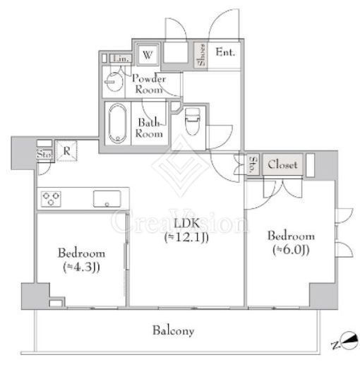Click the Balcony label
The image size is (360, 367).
coord(174,330)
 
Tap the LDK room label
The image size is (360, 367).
coord(186,229)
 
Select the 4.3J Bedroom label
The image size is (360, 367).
coord(81,260)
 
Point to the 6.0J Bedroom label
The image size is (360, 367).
coord(291,243)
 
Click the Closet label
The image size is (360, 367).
coord(282,164)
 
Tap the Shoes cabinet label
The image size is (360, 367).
coord(201,55)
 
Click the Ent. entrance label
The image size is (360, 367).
coord(225,52)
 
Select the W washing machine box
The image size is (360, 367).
coord(148,55)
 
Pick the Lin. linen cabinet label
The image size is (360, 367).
coord(121,59)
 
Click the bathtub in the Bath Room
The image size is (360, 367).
coord(118,124)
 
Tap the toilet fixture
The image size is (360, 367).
coord(193,121)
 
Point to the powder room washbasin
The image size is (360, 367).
coord(114,82)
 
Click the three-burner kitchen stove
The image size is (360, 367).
coord(51,199)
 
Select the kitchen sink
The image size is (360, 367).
coord(107,199)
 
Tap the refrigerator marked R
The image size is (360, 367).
coord(67,151)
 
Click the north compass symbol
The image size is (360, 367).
coord(346,342)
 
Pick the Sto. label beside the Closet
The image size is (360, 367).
coord(253,164)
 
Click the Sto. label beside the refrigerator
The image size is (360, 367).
coord(44,155)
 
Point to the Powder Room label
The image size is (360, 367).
coord(149,84)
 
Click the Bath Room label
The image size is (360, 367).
coord(149,128)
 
